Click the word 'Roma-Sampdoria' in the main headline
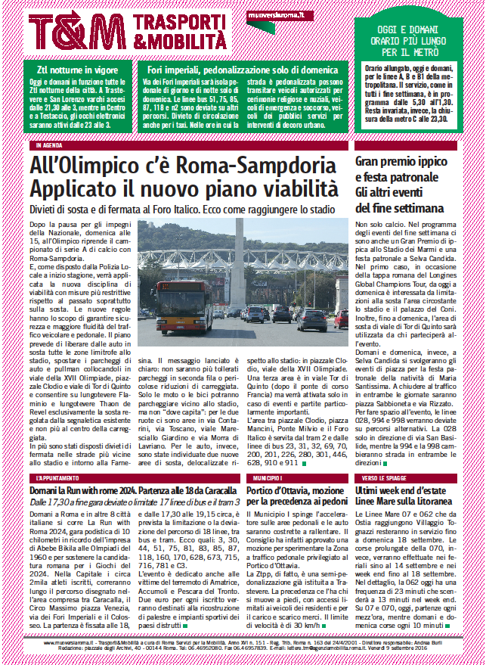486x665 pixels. point(251,164)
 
